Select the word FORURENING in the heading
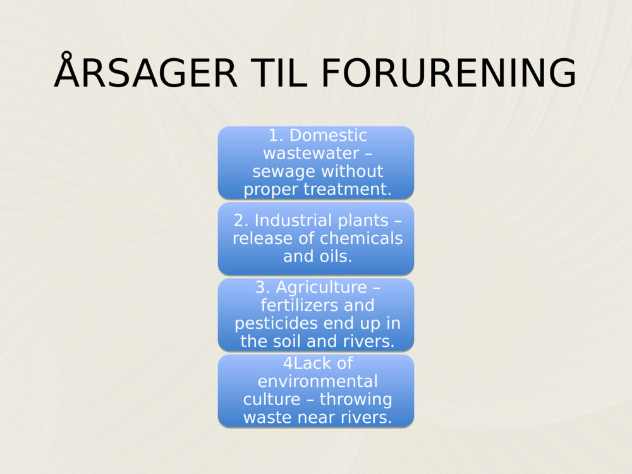click(x=448, y=73)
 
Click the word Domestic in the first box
click(x=328, y=135)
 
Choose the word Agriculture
click(x=321, y=288)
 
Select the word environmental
click(x=317, y=382)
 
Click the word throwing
click(x=356, y=399)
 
